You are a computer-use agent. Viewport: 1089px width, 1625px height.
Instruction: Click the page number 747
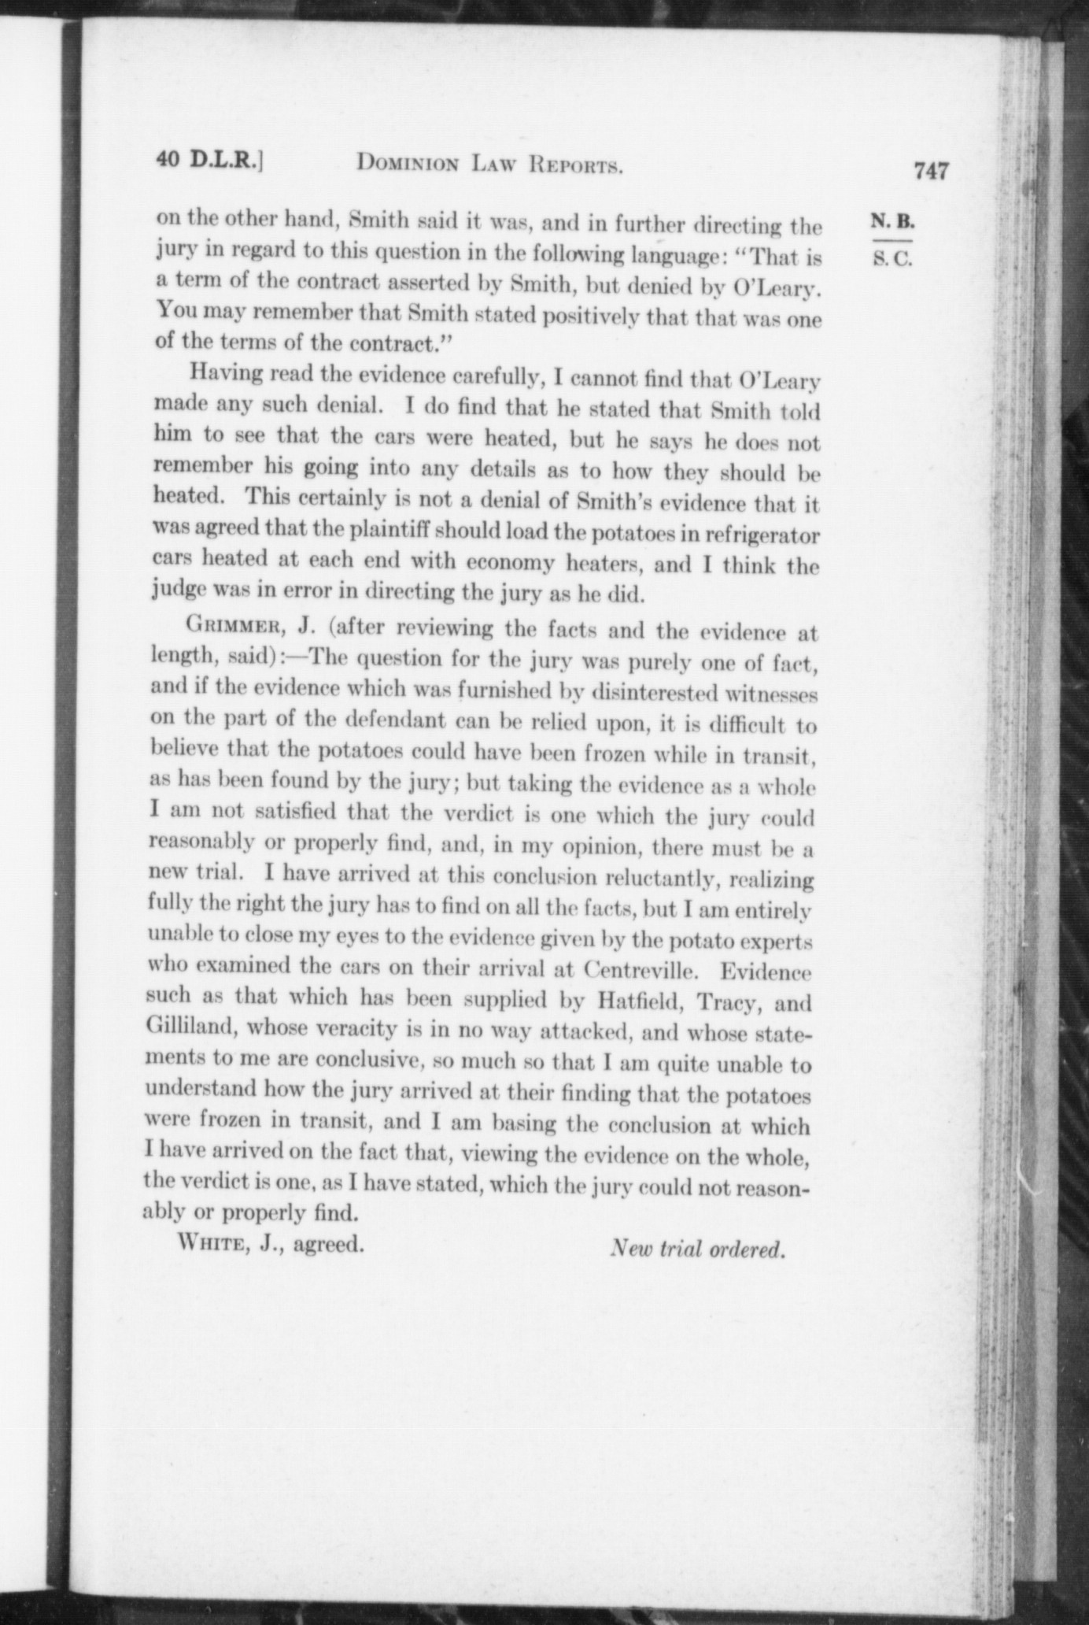pos(931,170)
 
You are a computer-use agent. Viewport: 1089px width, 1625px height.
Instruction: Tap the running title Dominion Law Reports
pos(490,164)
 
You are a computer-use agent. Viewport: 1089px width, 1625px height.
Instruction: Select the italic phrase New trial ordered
pos(698,1249)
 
